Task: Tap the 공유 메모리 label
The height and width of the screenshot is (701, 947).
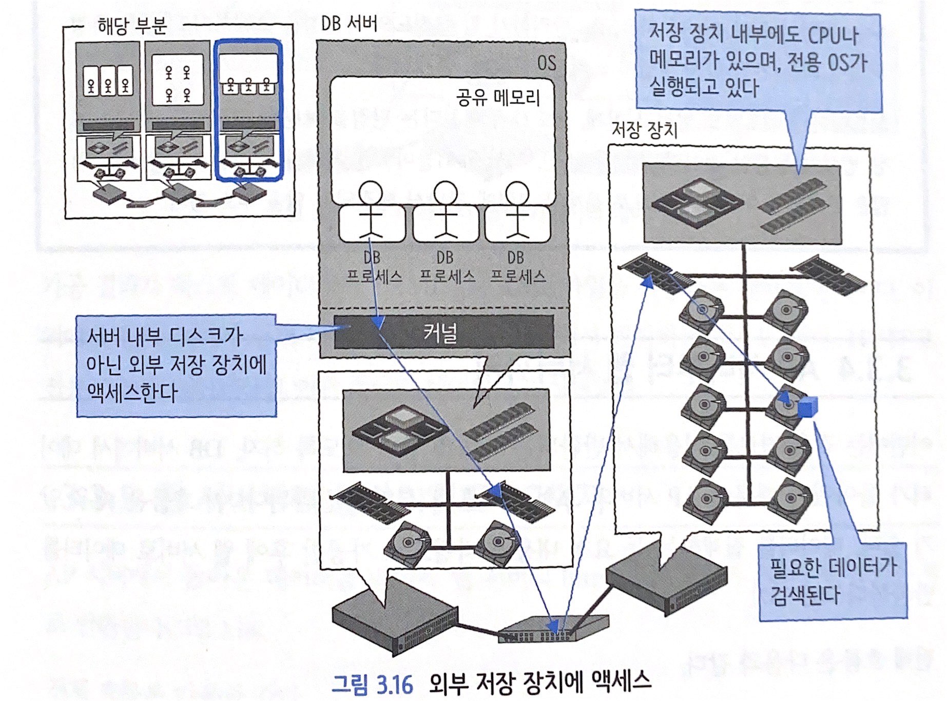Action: [x=498, y=97]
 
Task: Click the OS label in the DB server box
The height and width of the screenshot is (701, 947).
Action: [x=546, y=63]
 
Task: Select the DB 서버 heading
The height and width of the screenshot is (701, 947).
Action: [x=349, y=23]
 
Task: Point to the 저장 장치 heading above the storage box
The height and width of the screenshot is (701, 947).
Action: [x=645, y=130]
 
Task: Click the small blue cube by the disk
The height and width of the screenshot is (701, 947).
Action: [x=807, y=406]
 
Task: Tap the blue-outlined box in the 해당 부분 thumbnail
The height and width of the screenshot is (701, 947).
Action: [x=249, y=110]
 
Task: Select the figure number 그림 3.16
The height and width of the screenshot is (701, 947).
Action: [x=372, y=685]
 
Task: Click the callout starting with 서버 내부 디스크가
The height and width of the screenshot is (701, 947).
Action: [x=176, y=365]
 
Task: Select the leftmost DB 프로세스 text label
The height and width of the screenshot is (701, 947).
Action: [x=373, y=267]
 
